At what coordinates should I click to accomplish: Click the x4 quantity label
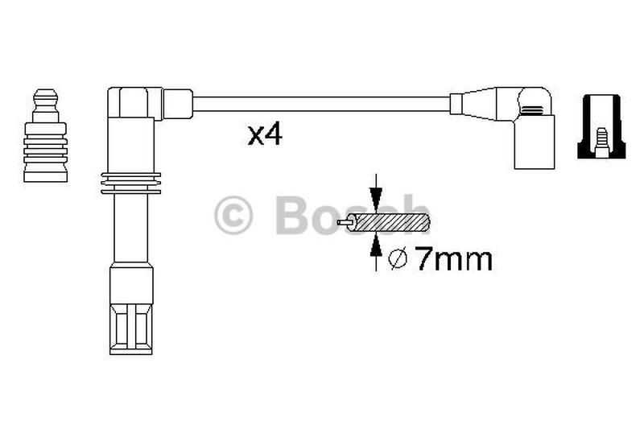click(264, 135)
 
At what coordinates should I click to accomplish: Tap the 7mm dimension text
click(452, 259)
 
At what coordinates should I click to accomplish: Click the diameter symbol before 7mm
click(398, 259)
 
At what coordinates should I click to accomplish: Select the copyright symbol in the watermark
click(233, 216)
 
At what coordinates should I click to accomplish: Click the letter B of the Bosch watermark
click(293, 215)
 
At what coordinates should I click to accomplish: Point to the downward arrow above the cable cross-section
click(374, 195)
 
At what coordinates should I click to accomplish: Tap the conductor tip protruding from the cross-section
click(346, 222)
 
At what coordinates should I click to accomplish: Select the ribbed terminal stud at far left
click(45, 145)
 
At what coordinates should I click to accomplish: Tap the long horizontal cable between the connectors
click(322, 104)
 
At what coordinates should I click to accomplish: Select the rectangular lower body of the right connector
click(534, 142)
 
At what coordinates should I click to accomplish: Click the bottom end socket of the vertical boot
click(130, 322)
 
